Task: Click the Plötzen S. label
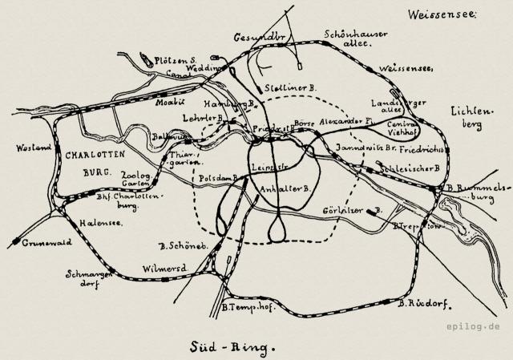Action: (x=176, y=59)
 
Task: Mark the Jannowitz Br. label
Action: (x=366, y=149)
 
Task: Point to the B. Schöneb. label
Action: (x=184, y=244)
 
